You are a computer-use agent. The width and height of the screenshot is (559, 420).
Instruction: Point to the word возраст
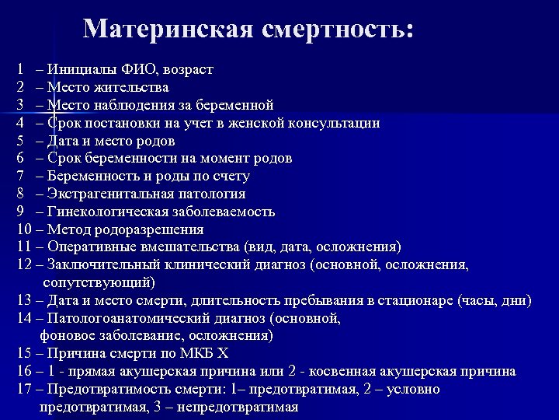(x=186, y=69)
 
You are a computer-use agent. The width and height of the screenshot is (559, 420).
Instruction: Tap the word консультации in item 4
(x=335, y=123)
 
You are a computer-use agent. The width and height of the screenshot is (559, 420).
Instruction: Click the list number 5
(x=19, y=141)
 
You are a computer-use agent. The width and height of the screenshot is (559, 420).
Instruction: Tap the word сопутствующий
(x=98, y=282)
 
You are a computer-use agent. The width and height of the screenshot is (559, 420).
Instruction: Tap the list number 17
(x=22, y=389)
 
